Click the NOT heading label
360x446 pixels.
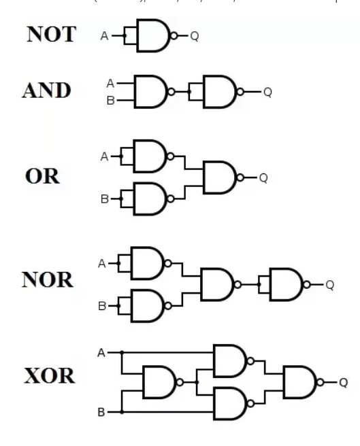[x=51, y=35]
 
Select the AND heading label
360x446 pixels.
[x=47, y=90]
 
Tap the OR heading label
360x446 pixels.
[x=42, y=177]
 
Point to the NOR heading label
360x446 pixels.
[x=48, y=280]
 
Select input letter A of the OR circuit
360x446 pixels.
[x=104, y=156]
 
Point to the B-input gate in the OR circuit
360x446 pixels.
[x=150, y=199]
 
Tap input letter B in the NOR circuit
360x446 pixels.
[x=102, y=307]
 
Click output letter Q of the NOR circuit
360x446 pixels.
[x=330, y=285]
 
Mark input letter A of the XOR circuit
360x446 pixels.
[x=101, y=353]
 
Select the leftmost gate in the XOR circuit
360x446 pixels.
[x=159, y=382]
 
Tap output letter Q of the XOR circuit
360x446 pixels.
[x=344, y=383]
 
